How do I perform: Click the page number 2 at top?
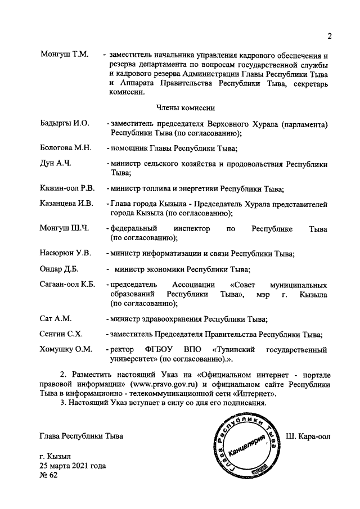coord(330,37)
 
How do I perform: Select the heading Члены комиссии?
coord(183,107)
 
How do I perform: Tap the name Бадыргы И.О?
coord(65,123)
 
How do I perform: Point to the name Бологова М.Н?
coord(66,148)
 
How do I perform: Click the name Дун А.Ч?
coord(55,164)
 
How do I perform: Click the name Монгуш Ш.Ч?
coord(65,229)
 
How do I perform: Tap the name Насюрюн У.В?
coord(66,254)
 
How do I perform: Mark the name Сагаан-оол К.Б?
coord(68,284)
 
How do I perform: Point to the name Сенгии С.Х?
coord(62,334)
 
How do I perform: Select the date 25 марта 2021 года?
coord(73,466)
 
